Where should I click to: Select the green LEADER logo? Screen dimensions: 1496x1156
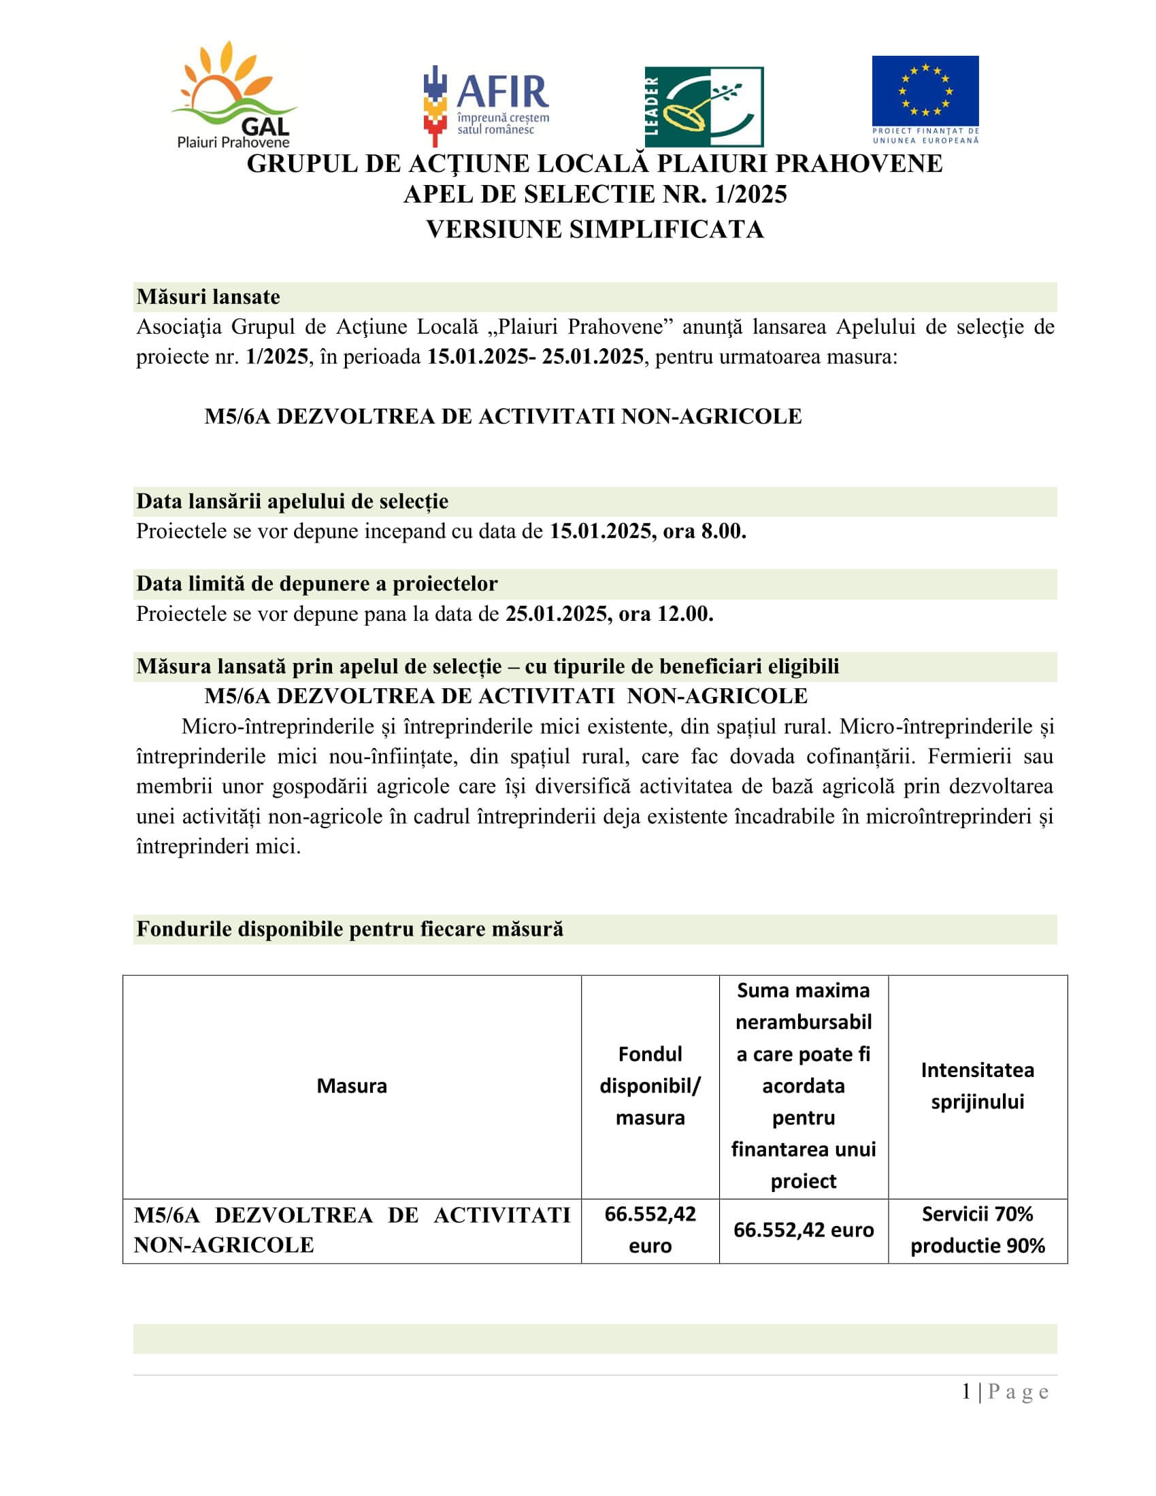coord(704,106)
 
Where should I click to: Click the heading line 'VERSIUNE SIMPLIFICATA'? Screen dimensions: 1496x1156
coord(594,228)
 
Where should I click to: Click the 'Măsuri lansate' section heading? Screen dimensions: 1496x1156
coord(208,296)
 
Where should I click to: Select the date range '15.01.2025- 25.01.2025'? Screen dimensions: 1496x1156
coord(535,356)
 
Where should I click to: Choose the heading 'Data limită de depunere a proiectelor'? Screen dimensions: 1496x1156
coord(316,583)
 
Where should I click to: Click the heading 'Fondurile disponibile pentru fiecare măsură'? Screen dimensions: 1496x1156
coord(350,929)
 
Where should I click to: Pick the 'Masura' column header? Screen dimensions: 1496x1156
coord(352,1086)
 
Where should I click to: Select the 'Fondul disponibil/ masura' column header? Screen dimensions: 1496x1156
coord(650,1086)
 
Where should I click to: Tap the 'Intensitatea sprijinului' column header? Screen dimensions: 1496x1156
coord(977,1086)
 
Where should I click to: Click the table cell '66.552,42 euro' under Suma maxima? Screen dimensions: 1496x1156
coord(803,1229)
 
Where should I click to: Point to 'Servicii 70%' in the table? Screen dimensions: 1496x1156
coord(977,1214)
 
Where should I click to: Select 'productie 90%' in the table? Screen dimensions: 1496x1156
coord(977,1245)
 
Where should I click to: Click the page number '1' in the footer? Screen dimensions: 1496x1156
coord(966,1392)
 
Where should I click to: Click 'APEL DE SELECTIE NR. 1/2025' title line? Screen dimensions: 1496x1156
coord(594,194)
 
